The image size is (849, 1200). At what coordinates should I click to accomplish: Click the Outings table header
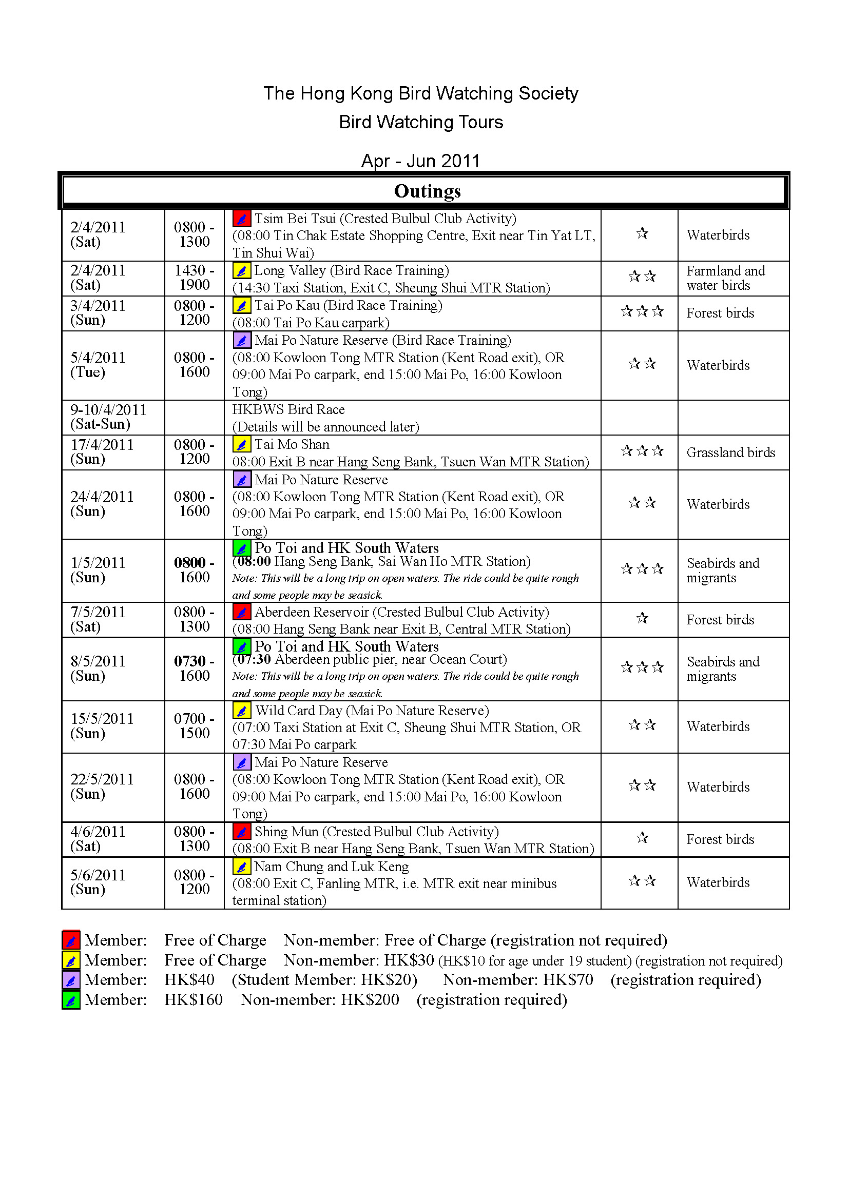pyautogui.click(x=427, y=191)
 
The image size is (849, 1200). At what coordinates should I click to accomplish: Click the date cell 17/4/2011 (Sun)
pyautogui.click(x=103, y=452)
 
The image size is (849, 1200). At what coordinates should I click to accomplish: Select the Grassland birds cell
pyautogui.click(x=730, y=453)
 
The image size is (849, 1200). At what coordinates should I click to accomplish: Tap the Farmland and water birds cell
pyautogui.click(x=725, y=278)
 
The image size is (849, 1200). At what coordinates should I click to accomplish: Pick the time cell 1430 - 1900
pyautogui.click(x=194, y=278)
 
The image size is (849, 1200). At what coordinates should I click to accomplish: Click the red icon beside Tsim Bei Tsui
pyautogui.click(x=242, y=219)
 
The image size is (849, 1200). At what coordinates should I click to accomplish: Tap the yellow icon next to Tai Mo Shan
pyautogui.click(x=242, y=445)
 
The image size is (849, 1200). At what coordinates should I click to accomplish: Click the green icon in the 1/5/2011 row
pyautogui.click(x=242, y=548)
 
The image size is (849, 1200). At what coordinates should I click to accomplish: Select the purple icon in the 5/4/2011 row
pyautogui.click(x=242, y=341)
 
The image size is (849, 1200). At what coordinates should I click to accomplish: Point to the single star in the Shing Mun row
pyautogui.click(x=642, y=838)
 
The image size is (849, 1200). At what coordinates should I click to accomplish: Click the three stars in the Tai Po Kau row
pyautogui.click(x=642, y=312)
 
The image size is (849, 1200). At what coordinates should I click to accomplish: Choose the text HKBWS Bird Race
pyautogui.click(x=288, y=410)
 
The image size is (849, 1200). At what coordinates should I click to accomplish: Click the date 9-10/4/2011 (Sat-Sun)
pyautogui.click(x=108, y=417)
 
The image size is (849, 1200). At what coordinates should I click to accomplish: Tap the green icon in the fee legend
pyautogui.click(x=71, y=1000)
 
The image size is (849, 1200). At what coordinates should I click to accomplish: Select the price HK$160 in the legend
pyautogui.click(x=194, y=1000)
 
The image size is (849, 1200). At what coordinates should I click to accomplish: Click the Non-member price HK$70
pyautogui.click(x=568, y=980)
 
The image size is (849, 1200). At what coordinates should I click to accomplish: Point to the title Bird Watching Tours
pyautogui.click(x=421, y=122)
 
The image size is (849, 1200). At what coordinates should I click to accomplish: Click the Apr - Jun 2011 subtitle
pyautogui.click(x=421, y=161)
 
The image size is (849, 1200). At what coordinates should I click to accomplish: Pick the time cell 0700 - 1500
pyautogui.click(x=194, y=726)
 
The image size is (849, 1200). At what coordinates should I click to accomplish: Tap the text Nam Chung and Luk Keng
pyautogui.click(x=332, y=867)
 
